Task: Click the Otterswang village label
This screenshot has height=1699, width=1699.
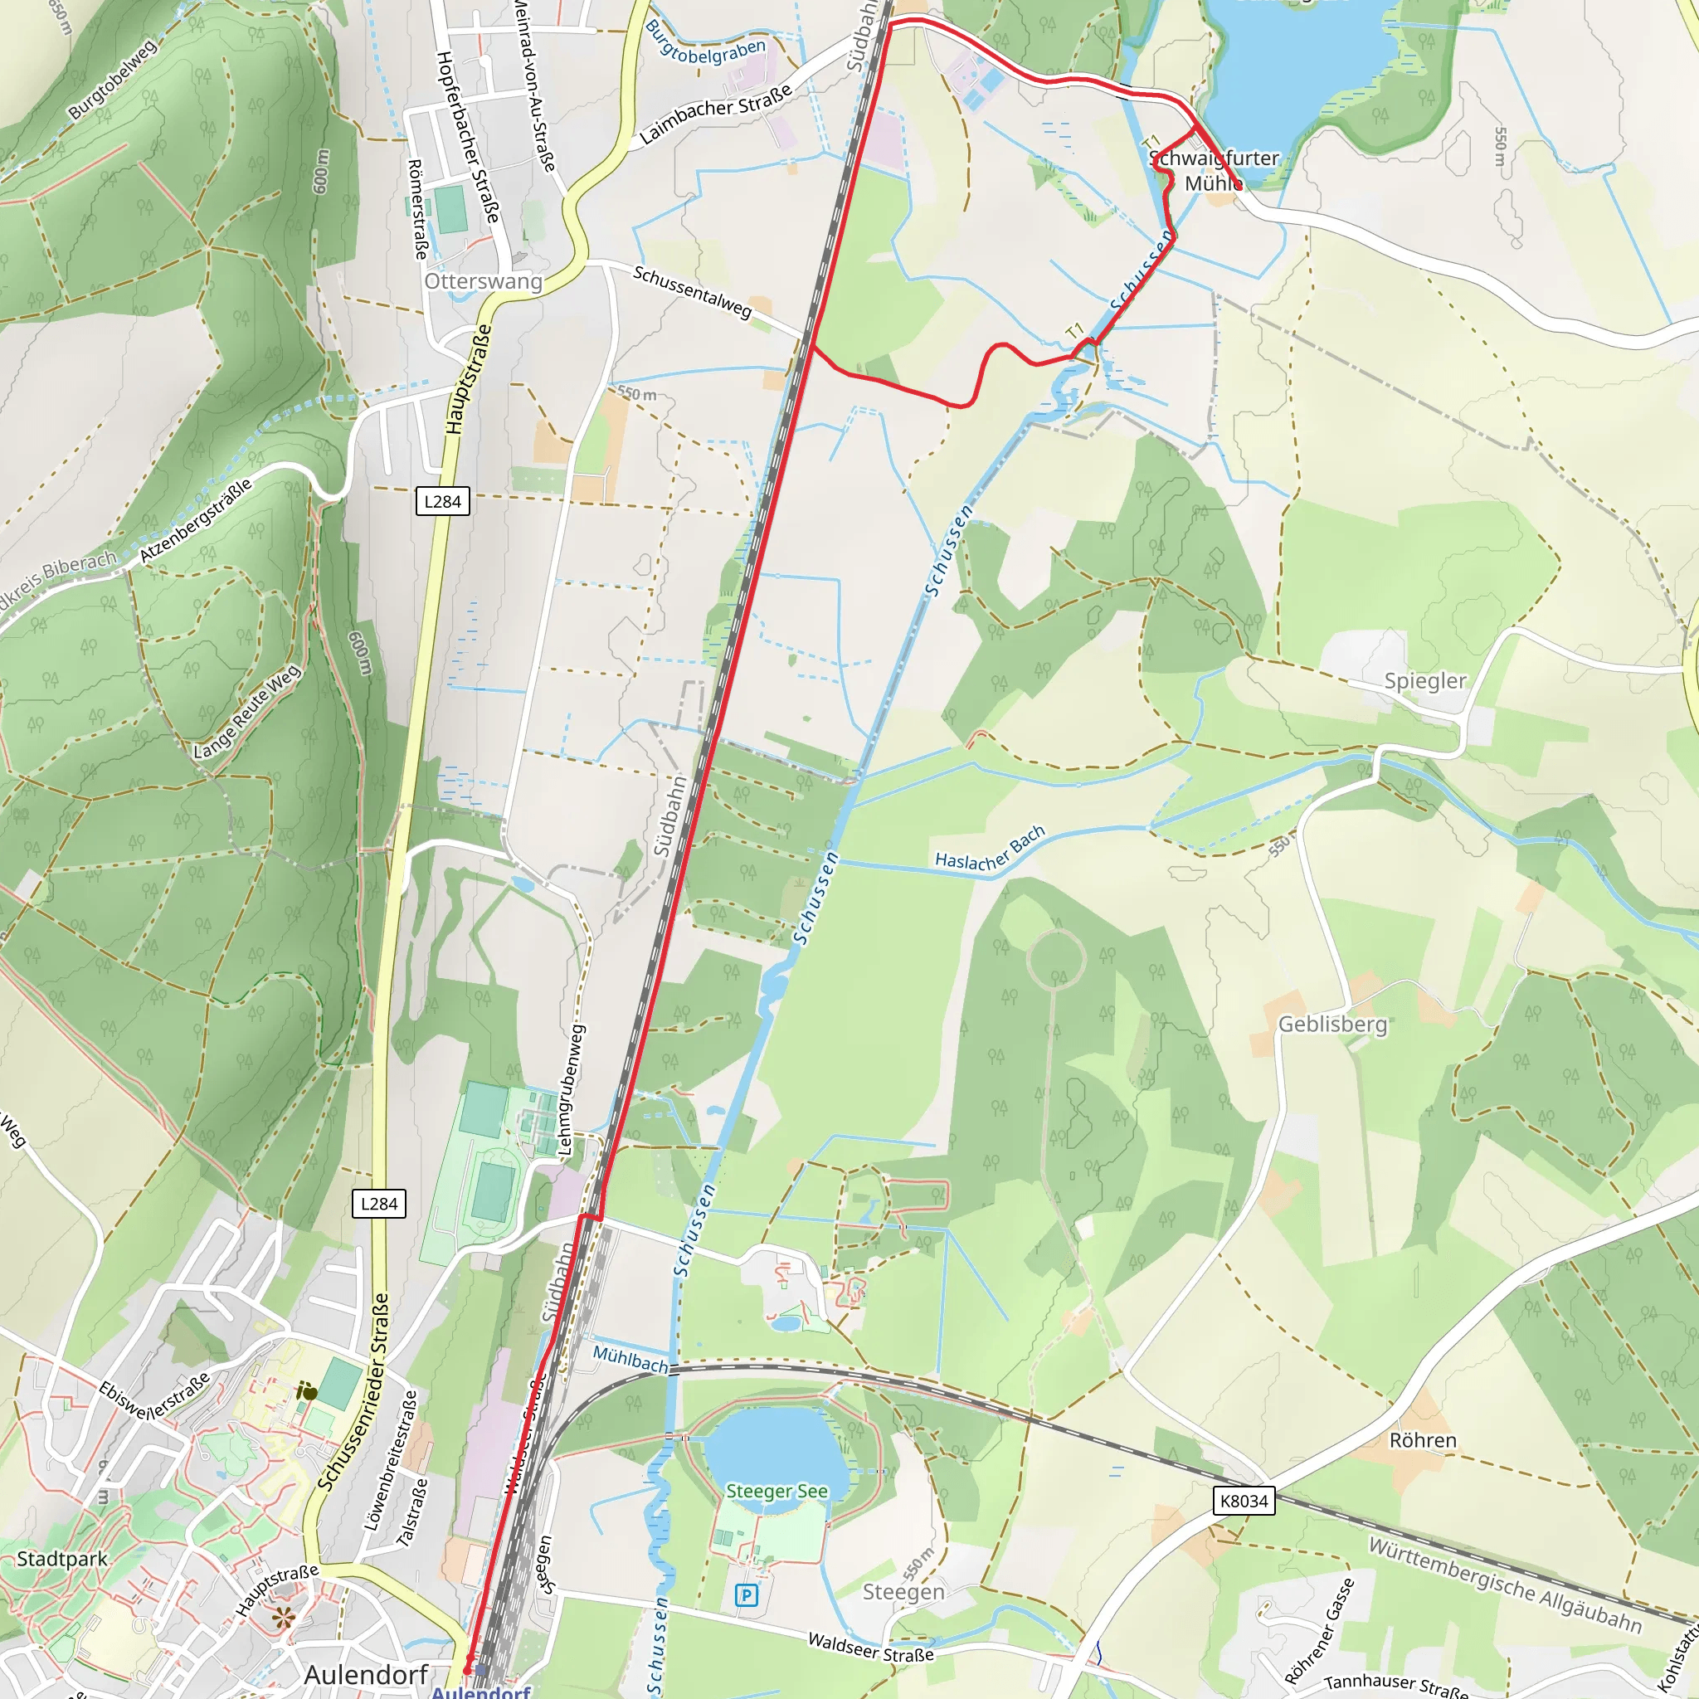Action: point(483,281)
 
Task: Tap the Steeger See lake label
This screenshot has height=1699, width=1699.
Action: point(776,1491)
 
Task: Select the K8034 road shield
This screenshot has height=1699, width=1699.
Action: point(1244,1500)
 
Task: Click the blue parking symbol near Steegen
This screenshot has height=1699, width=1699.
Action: point(747,1595)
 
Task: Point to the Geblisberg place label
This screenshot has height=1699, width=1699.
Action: point(1332,1025)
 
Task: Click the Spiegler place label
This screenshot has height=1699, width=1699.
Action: point(1424,680)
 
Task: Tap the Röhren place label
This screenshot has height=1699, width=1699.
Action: point(1423,1440)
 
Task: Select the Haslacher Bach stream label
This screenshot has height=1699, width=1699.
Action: point(990,849)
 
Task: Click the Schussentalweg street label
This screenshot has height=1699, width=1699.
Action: point(692,292)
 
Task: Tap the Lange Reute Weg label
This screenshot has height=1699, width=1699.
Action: point(247,713)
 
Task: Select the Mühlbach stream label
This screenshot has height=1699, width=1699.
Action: point(630,1359)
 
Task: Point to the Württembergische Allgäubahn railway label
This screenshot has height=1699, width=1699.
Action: point(1505,1585)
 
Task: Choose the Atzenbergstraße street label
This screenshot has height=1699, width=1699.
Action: point(196,521)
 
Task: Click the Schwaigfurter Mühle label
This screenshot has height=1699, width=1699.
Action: point(1214,171)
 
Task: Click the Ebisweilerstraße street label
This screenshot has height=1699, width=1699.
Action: point(155,1402)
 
